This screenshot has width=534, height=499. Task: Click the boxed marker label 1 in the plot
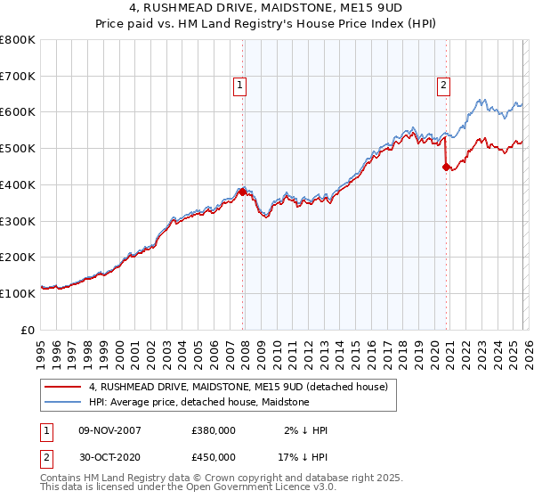point(240,86)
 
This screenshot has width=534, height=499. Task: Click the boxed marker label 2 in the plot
point(443,86)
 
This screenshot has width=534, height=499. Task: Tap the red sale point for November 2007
point(242,192)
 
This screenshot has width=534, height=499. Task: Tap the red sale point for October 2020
point(446,166)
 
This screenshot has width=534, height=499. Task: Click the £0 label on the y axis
point(28,330)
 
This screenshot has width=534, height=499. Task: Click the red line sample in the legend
point(63,388)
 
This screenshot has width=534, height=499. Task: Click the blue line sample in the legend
point(63,403)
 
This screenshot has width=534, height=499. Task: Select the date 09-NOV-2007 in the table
point(109,430)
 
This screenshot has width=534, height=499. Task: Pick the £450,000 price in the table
point(214,456)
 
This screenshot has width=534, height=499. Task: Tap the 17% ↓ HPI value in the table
point(303,456)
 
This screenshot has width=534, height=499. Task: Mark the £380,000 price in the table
point(214,430)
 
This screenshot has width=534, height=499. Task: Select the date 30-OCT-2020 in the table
point(109,456)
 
